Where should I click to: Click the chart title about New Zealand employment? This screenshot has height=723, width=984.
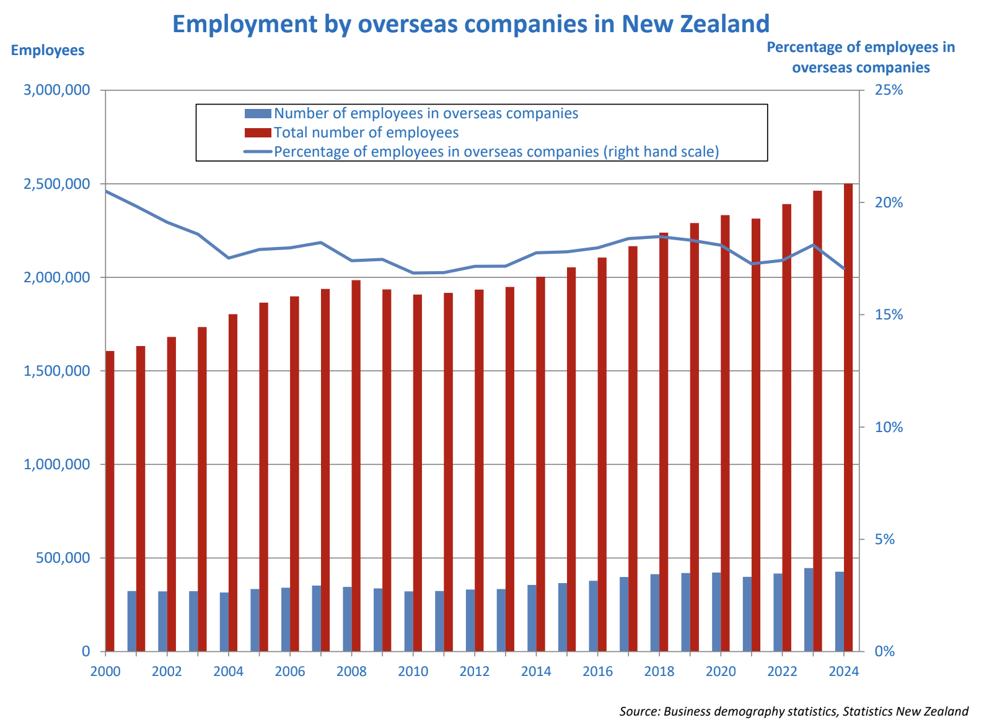click(470, 24)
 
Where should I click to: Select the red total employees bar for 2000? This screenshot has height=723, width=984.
click(110, 501)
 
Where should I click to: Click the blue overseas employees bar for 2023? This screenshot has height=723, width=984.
click(809, 610)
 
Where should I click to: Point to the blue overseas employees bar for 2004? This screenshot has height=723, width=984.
click(224, 621)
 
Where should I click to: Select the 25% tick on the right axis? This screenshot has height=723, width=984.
click(888, 90)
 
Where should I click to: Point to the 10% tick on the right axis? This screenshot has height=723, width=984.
click(888, 427)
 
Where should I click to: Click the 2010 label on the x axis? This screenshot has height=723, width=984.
click(413, 672)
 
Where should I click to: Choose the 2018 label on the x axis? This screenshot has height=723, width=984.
click(659, 672)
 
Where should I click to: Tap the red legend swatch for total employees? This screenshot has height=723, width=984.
click(258, 132)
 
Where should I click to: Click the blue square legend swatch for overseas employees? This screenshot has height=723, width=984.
click(258, 113)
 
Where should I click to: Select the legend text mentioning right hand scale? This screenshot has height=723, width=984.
click(496, 152)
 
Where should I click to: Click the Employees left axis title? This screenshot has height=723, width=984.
click(48, 50)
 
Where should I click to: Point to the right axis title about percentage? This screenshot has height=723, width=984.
click(861, 57)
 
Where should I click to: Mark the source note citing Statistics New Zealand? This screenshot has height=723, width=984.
click(793, 711)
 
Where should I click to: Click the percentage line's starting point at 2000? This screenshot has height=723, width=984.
click(106, 191)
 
